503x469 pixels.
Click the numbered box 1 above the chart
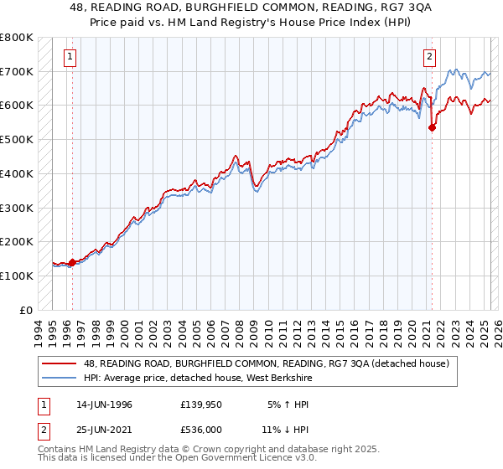pos(70,57)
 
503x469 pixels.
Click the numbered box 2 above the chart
pos(429,57)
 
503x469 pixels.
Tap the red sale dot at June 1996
pos(72,262)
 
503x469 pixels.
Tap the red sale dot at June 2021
pos(433,127)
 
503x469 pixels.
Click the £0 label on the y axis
pos(24,310)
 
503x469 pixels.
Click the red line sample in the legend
pos(60,363)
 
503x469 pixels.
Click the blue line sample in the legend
pos(60,378)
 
